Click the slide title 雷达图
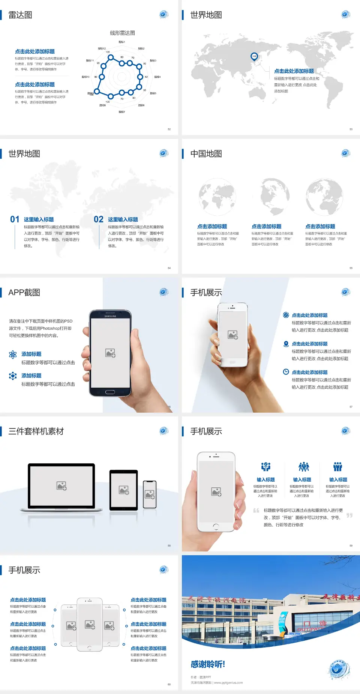tap(20, 15)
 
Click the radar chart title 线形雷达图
tap(122, 33)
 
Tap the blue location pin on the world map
tap(254, 57)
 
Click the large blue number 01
tap(15, 219)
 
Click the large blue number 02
tap(99, 219)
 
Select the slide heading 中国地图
tap(206, 154)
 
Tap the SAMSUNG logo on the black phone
tap(110, 316)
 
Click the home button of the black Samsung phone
tap(110, 392)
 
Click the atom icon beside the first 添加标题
tap(13, 355)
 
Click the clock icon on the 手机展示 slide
tap(286, 372)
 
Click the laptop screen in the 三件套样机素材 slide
tap(61, 486)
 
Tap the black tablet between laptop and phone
tap(124, 490)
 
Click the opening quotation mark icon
tap(256, 511)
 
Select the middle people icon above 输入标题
tap(303, 467)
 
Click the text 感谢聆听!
tap(208, 664)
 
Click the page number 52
tap(169, 129)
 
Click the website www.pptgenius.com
tap(228, 683)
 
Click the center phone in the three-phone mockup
tap(90, 625)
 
